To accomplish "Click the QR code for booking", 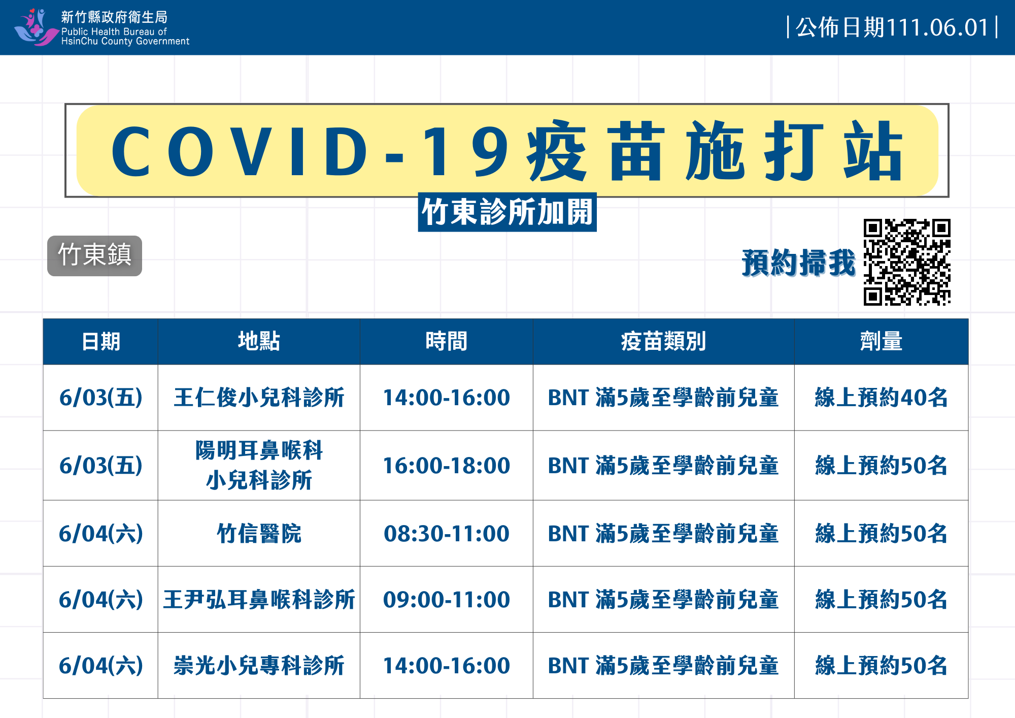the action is (x=907, y=262).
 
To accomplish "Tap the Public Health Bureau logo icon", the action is (x=36, y=27).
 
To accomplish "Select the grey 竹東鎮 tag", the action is (x=94, y=255).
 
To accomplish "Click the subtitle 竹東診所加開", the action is (x=507, y=212).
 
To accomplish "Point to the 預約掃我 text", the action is (x=798, y=263).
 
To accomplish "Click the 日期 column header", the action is (x=100, y=341).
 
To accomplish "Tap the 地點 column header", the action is (x=259, y=341).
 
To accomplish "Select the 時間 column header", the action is (x=446, y=341).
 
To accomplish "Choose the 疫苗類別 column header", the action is (x=663, y=341).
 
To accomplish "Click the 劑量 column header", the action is (x=881, y=341).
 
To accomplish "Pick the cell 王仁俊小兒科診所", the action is (x=259, y=398).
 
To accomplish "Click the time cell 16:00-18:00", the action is (x=446, y=466).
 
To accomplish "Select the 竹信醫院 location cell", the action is (x=259, y=534).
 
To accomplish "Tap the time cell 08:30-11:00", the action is (x=446, y=534).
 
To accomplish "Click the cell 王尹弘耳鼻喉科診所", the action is (x=259, y=600).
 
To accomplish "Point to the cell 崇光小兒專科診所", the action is (x=259, y=666).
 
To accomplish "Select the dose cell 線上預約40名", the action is (x=881, y=398).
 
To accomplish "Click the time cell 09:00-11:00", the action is (x=446, y=600).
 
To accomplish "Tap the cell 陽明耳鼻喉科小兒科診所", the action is (x=259, y=465).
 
